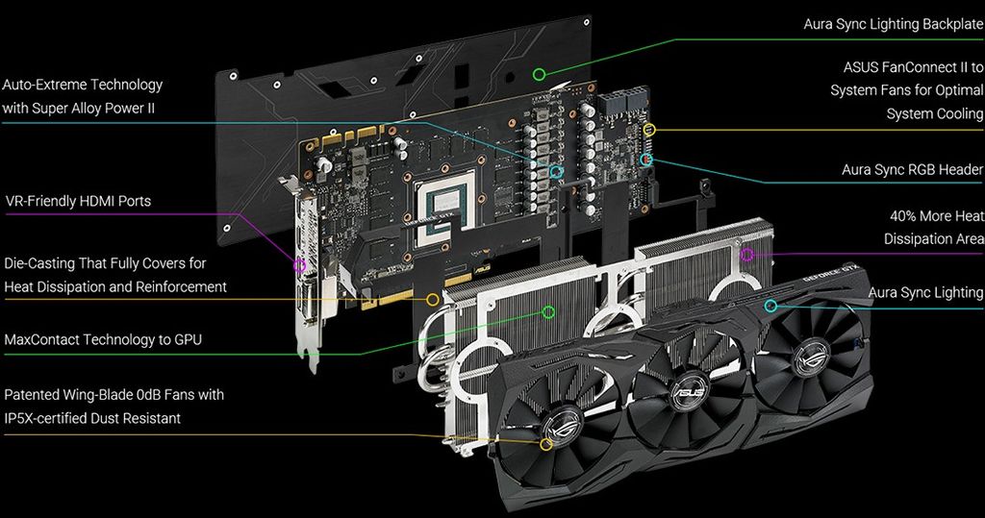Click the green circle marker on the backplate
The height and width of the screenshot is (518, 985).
tap(540, 73)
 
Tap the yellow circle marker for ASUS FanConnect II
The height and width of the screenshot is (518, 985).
tap(648, 129)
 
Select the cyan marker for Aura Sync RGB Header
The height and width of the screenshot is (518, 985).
tap(647, 159)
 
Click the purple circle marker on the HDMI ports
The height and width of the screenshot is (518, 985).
tap(300, 264)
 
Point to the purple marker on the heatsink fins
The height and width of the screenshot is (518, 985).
tap(747, 255)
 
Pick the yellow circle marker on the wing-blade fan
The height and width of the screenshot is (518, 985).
tap(546, 444)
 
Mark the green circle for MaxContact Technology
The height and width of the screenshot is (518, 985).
tap(548, 311)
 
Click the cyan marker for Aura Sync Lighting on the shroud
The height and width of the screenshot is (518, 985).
tap(770, 306)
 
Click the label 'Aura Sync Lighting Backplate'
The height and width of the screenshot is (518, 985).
tap(894, 24)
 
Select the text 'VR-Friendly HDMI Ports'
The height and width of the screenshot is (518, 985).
tap(78, 201)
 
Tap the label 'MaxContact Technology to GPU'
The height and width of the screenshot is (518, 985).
tap(103, 339)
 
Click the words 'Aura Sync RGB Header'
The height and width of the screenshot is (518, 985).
tap(912, 170)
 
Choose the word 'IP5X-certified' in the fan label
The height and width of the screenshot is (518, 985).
tap(49, 418)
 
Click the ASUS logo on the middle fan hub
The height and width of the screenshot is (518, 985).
tap(691, 391)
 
